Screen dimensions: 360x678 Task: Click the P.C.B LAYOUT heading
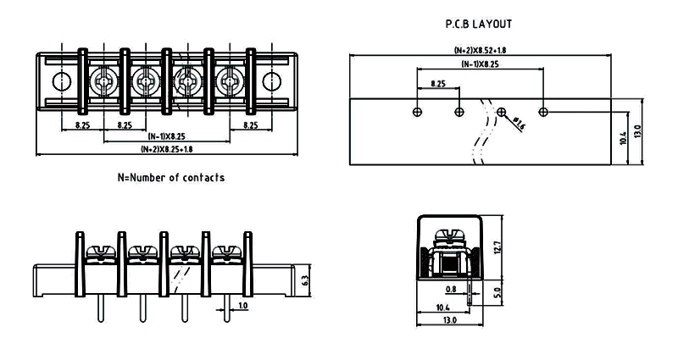479,25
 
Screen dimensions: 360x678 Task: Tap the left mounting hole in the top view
61,81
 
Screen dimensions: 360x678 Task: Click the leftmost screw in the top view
103,82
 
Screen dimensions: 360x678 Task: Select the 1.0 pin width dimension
242,305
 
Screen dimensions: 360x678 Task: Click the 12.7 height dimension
497,248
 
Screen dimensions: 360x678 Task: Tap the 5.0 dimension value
497,293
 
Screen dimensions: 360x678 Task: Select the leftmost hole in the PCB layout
416,112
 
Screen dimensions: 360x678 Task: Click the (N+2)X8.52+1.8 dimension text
481,51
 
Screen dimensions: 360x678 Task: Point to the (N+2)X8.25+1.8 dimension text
166,149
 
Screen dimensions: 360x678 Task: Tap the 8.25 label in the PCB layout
438,84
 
